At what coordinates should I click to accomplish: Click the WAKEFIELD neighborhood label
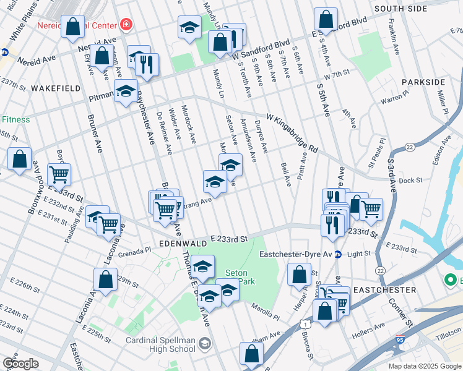click(x=56, y=88)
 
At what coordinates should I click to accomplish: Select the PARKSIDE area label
click(x=423, y=82)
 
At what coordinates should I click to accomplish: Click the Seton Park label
click(x=236, y=277)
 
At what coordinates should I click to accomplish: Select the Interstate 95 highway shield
click(x=399, y=340)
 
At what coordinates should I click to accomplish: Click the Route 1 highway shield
click(x=304, y=323)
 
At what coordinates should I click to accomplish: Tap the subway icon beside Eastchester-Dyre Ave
click(x=338, y=254)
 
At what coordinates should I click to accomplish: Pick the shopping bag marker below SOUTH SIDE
click(x=326, y=20)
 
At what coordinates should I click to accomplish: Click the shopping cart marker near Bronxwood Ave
click(x=59, y=175)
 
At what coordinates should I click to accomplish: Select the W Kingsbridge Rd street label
click(x=292, y=132)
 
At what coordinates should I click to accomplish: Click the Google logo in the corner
click(x=20, y=364)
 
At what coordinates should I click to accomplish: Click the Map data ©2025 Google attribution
click(x=423, y=366)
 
